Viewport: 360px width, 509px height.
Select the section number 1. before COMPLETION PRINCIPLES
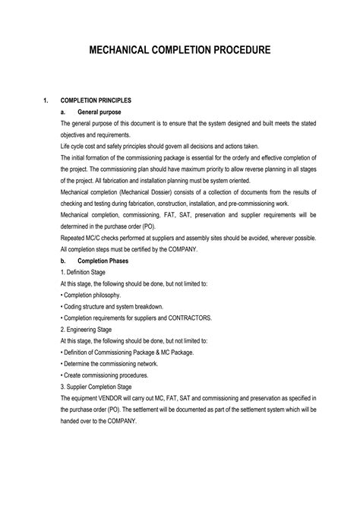47,100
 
